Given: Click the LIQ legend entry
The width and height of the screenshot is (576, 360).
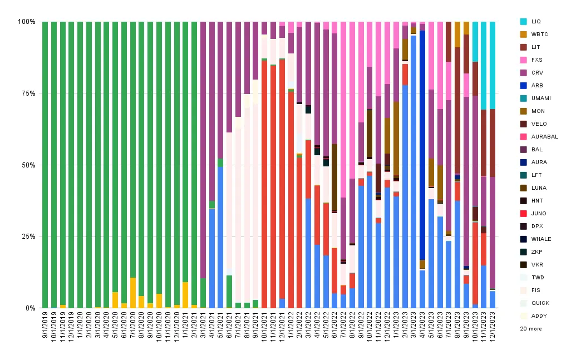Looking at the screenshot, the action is pyautogui.click(x=530, y=21).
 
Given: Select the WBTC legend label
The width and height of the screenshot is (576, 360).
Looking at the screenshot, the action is pyautogui.click(x=539, y=34).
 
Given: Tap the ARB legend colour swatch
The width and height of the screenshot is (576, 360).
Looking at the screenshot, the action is pyautogui.click(x=524, y=85).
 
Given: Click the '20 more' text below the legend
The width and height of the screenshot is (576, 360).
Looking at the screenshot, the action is pyautogui.click(x=531, y=328).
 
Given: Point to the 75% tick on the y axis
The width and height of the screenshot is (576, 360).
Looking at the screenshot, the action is pyautogui.click(x=28, y=93).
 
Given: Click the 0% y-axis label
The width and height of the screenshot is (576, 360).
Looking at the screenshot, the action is pyautogui.click(x=31, y=308).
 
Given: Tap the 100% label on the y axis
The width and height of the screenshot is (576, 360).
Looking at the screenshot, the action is pyautogui.click(x=27, y=22).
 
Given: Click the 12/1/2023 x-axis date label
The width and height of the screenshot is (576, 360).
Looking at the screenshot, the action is pyautogui.click(x=493, y=327).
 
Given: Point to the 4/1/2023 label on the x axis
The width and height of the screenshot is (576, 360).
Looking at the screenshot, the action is pyautogui.click(x=422, y=326).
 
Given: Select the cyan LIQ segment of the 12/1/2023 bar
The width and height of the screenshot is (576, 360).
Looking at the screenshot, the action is pyautogui.click(x=493, y=66).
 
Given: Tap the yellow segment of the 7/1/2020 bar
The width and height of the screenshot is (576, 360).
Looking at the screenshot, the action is pyautogui.click(x=133, y=293).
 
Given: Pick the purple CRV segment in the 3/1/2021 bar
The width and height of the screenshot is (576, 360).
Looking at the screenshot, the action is pyautogui.click(x=203, y=150).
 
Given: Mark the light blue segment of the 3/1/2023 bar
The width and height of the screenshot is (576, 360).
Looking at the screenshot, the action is pyautogui.click(x=413, y=171).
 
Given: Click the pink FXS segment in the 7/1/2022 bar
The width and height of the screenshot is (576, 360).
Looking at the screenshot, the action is pyautogui.click(x=343, y=110).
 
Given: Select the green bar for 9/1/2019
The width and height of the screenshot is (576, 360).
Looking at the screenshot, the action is pyautogui.click(x=45, y=165).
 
